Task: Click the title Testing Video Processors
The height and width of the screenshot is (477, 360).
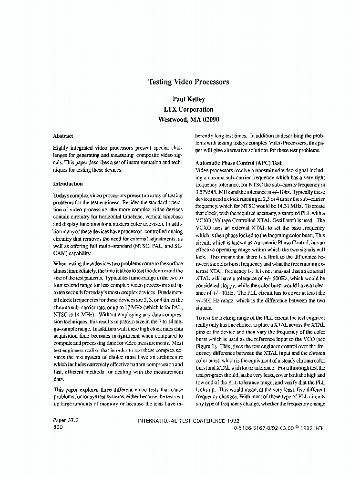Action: tap(189, 82)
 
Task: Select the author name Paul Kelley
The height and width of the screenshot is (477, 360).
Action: tap(189, 99)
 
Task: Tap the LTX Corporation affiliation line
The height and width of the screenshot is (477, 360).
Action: tap(189, 109)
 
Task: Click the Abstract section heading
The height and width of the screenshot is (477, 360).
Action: tap(63, 135)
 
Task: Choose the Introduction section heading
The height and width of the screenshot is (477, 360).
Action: tap(68, 184)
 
